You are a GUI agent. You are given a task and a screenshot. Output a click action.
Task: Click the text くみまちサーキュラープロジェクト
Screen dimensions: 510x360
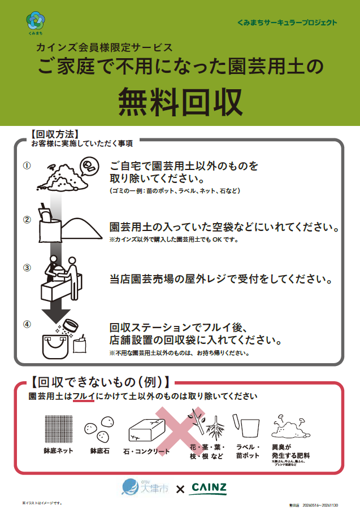tap(288, 23)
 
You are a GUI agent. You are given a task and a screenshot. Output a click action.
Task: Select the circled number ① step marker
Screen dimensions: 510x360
tap(27, 165)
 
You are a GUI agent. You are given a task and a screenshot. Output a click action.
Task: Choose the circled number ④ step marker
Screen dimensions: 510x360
tap(27, 324)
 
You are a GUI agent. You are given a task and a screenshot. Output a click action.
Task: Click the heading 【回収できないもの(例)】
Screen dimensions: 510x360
tap(99, 381)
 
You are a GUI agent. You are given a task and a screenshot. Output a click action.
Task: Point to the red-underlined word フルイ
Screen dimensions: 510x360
tap(83, 396)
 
